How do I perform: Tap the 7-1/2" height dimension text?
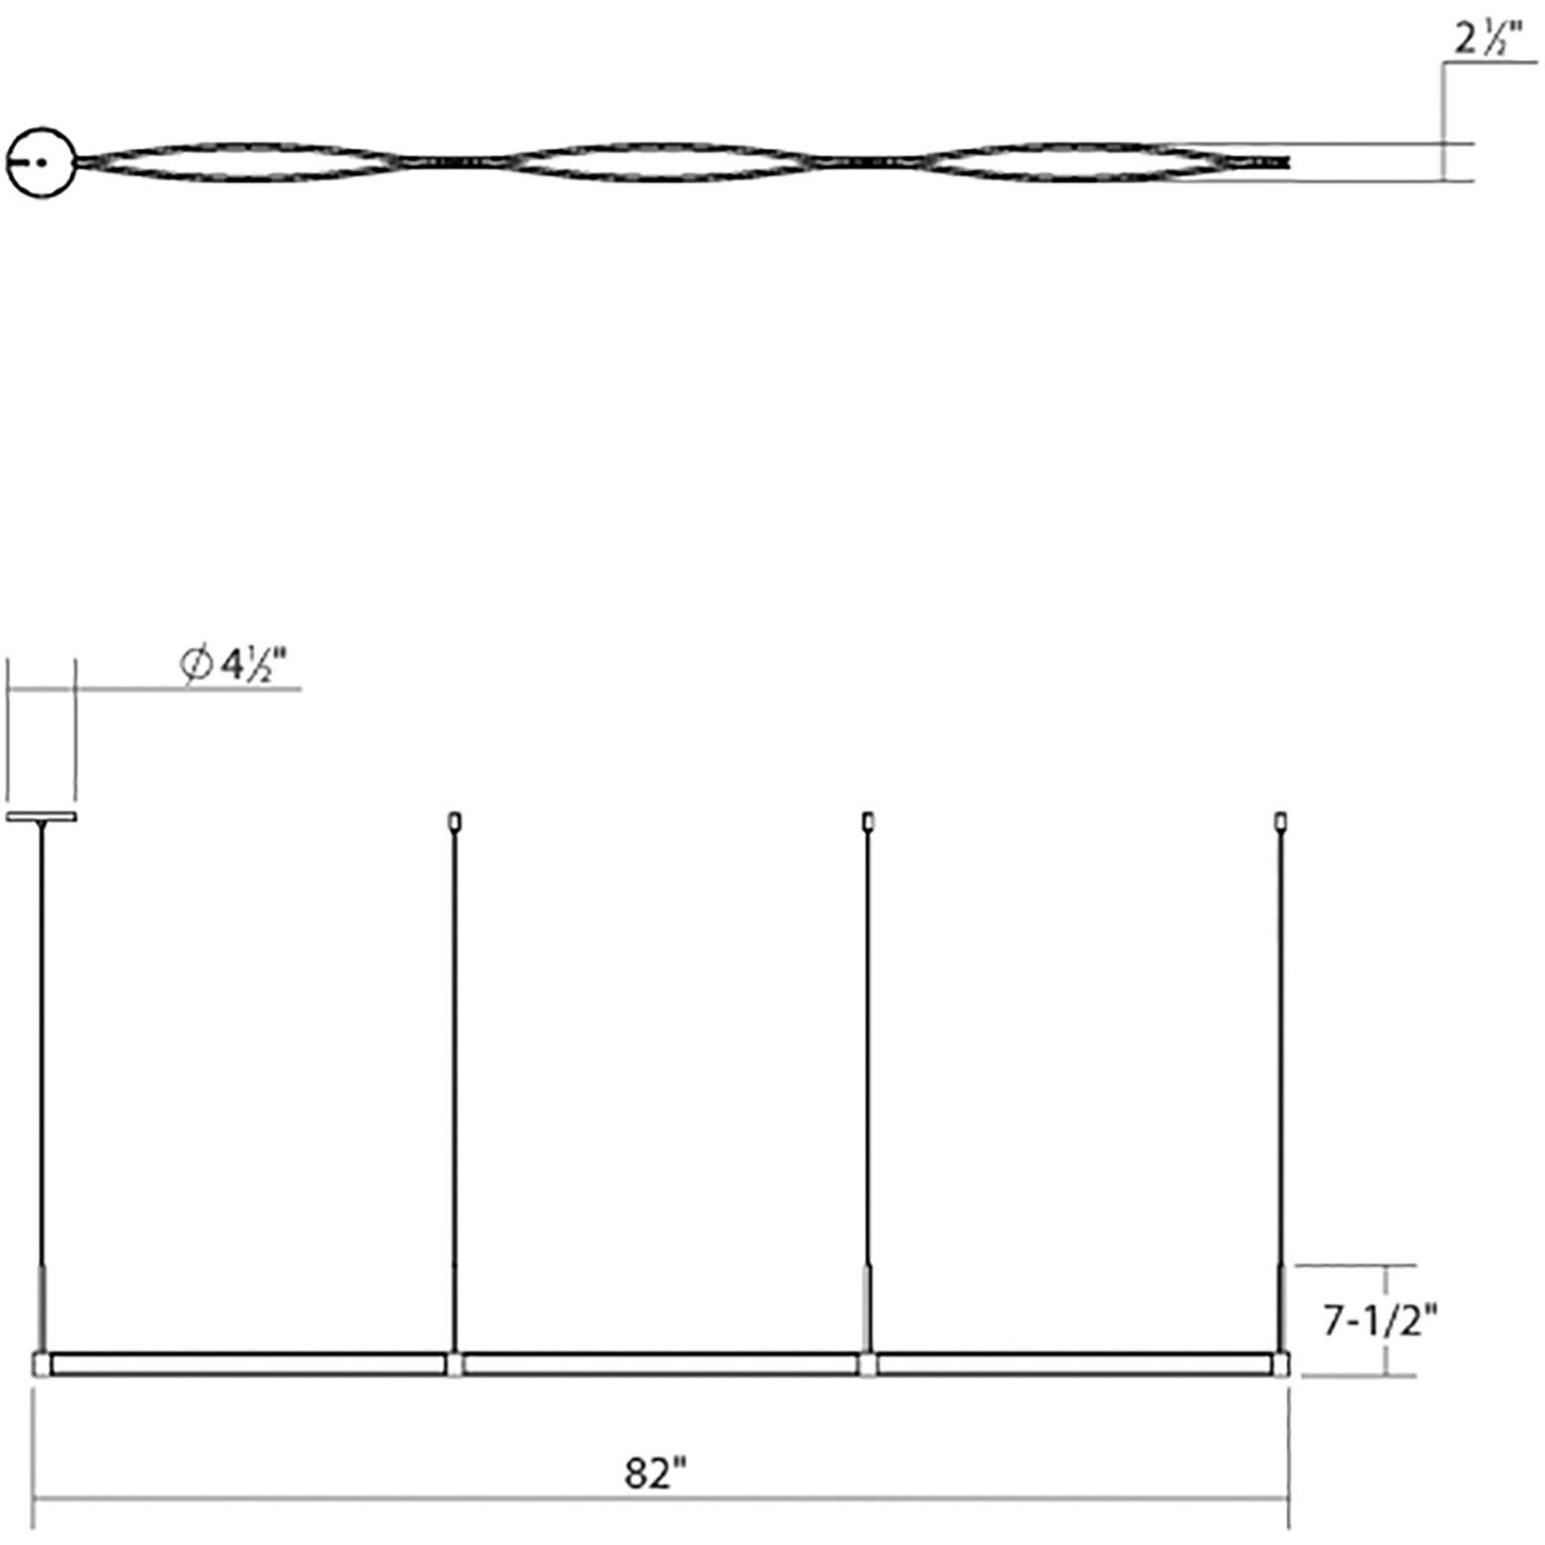1380,1320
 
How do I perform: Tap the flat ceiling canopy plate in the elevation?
42,817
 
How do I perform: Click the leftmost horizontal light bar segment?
248,1365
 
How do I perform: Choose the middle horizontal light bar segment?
660,1365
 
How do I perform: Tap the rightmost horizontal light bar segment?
1074,1365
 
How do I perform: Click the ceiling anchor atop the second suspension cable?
455,821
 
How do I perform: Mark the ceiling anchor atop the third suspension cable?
868,821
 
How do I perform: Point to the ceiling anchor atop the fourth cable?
1281,821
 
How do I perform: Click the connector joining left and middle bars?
454,1365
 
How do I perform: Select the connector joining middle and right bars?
868,1365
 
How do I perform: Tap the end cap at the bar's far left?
41,1365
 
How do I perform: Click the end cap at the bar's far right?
1283,1365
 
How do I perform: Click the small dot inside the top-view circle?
41,161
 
